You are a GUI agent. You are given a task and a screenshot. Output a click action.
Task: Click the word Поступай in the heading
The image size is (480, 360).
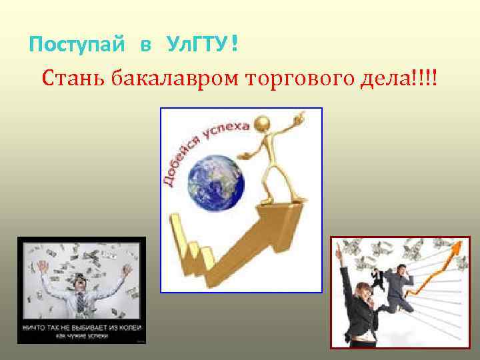pos(77,45)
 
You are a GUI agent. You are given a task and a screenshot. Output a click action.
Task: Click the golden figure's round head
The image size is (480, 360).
pos(261,125)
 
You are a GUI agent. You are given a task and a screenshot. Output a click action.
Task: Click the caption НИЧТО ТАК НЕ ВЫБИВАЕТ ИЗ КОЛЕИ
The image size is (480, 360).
pos(81,328)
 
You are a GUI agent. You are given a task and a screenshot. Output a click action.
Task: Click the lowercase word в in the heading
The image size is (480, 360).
pos(145,46)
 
